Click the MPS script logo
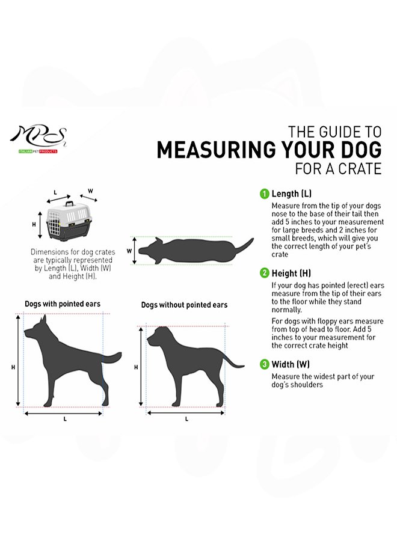pyautogui.click(x=38, y=136)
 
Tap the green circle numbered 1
pyautogui.click(x=264, y=194)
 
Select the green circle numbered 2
pyautogui.click(x=264, y=274)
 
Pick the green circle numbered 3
pyautogui.click(x=264, y=364)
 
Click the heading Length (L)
pyautogui.click(x=291, y=194)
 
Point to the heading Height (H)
pyautogui.click(x=291, y=274)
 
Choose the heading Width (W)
pyautogui.click(x=291, y=364)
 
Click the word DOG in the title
pyautogui.click(x=361, y=150)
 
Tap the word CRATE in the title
pyautogui.click(x=360, y=169)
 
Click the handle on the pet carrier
pyautogui.click(x=69, y=203)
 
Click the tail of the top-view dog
pyautogui.click(x=244, y=246)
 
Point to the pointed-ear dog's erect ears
pyautogui.click(x=43, y=320)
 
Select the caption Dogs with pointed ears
pyautogui.click(x=63, y=304)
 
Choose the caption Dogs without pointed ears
pyautogui.click(x=184, y=305)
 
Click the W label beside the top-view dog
pyautogui.click(x=129, y=251)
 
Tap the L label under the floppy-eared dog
pyautogui.click(x=186, y=419)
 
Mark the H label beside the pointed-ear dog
pyautogui.click(x=13, y=367)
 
